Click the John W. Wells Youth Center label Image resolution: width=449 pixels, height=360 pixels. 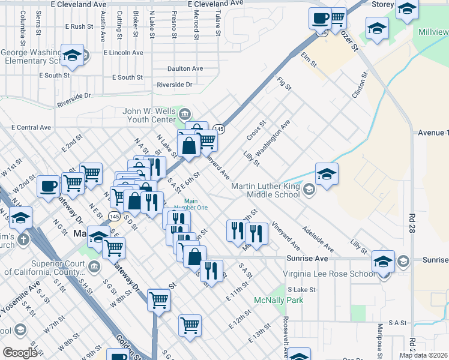(149, 115)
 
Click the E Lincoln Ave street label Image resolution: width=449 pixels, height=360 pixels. (123, 53)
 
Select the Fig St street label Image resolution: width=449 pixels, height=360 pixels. (284, 83)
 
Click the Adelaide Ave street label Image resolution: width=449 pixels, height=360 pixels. (318, 238)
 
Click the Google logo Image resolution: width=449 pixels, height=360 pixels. (20, 352)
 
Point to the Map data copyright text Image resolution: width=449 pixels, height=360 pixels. (424, 355)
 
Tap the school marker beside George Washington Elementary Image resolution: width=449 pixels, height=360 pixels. (72, 55)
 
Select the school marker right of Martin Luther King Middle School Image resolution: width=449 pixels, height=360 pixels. (327, 174)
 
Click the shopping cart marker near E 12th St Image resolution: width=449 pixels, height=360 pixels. (190, 325)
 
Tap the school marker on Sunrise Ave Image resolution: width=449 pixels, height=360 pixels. (383, 262)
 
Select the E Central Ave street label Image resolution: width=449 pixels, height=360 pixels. (32, 128)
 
